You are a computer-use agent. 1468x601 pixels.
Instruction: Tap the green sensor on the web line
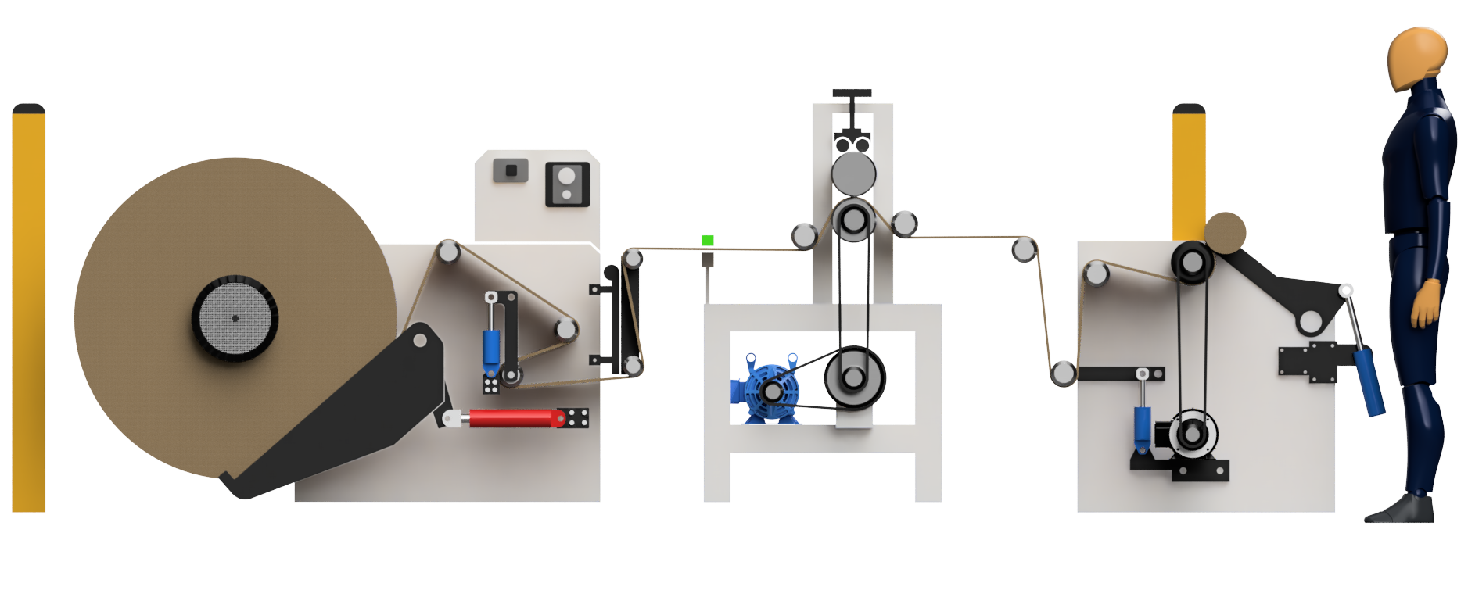coord(708,241)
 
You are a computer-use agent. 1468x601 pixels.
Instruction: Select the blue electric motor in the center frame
coord(766,392)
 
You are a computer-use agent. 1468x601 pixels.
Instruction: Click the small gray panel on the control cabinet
coord(510,170)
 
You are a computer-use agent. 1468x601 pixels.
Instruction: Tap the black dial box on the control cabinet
coord(566,184)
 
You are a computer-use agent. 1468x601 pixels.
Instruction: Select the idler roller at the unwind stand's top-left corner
coord(448,252)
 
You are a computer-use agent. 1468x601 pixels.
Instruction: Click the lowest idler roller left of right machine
coord(1062,374)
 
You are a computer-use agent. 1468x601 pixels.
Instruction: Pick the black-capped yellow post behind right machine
coord(1189,172)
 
